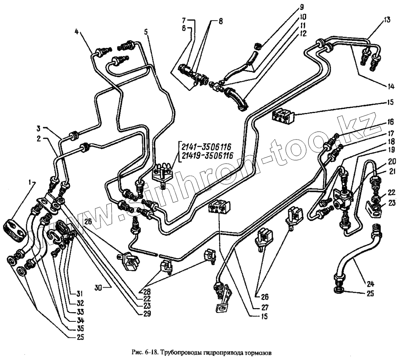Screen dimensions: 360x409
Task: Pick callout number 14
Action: (391, 86)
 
